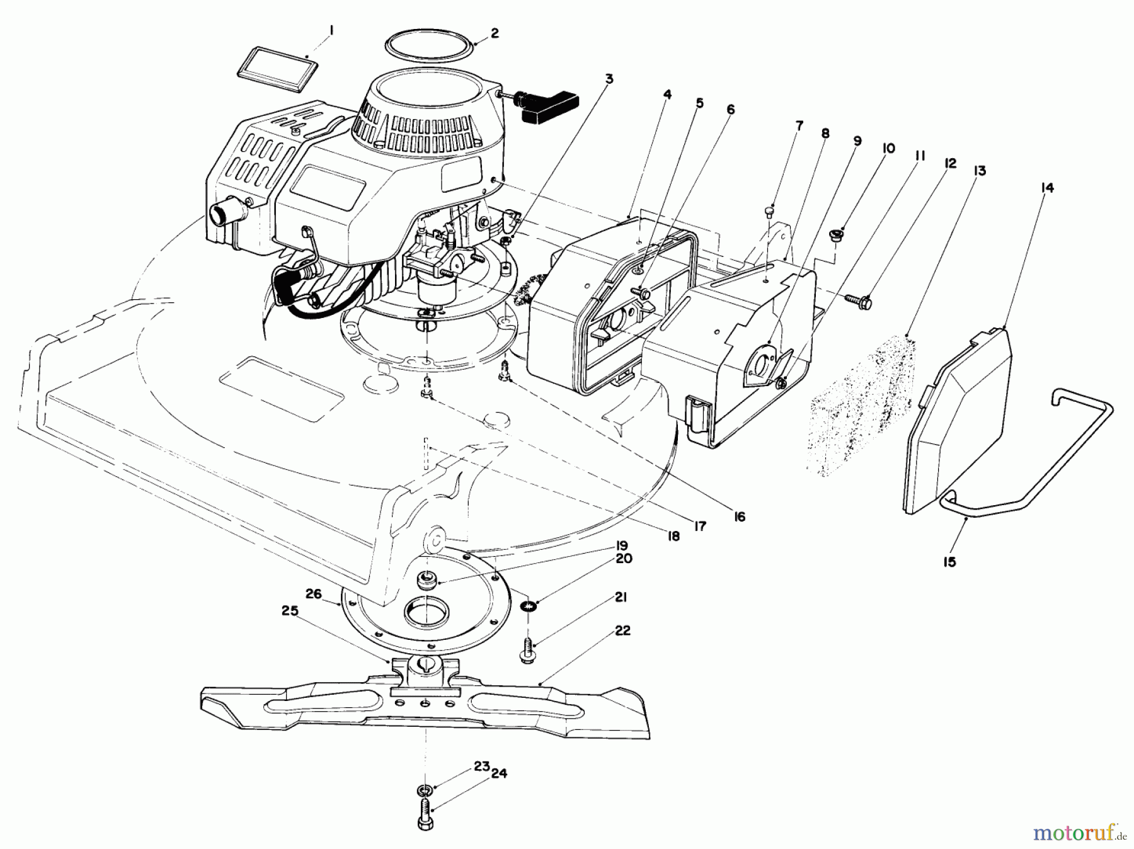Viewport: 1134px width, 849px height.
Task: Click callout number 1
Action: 331,30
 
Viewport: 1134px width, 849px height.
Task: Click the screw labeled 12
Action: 857,300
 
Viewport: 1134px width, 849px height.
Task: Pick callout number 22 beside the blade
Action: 622,630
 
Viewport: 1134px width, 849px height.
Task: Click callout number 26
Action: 314,593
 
